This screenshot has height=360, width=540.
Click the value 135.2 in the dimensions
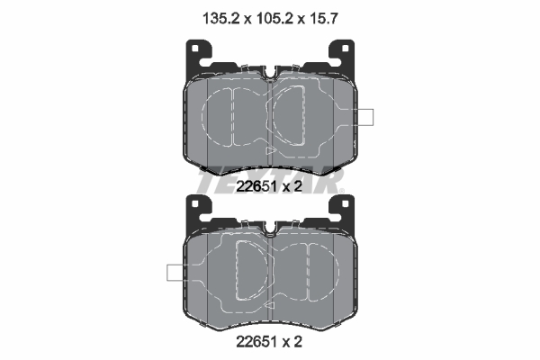coord(214,15)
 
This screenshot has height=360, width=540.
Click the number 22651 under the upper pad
coord(255,186)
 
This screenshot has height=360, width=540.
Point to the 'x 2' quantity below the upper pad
coord(292,186)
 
